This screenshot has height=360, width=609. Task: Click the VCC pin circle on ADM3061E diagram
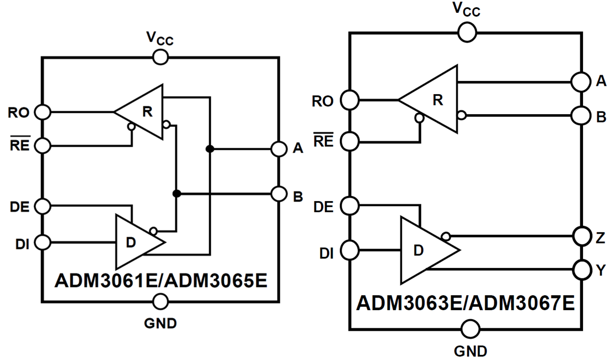[x=161, y=56]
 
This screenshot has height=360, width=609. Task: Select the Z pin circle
[x=581, y=236]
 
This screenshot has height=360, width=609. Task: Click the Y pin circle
[x=581, y=270]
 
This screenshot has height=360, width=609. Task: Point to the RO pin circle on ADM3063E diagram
[x=350, y=100]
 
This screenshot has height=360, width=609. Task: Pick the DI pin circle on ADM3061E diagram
[x=42, y=242]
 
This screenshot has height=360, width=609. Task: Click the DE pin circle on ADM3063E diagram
[x=350, y=206]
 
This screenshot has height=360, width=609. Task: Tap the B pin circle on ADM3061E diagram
[x=278, y=194]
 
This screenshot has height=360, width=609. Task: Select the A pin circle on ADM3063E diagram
[x=581, y=82]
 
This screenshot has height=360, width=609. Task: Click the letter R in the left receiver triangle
[x=147, y=111]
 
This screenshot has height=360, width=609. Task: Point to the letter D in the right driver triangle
[x=419, y=250]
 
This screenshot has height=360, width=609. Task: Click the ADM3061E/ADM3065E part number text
[x=161, y=280]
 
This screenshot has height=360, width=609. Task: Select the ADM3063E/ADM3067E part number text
[x=465, y=304]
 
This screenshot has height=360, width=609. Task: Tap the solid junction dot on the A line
[x=210, y=148]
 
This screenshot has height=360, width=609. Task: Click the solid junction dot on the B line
[x=177, y=194]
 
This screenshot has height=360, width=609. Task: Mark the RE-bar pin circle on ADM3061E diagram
[x=42, y=145]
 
